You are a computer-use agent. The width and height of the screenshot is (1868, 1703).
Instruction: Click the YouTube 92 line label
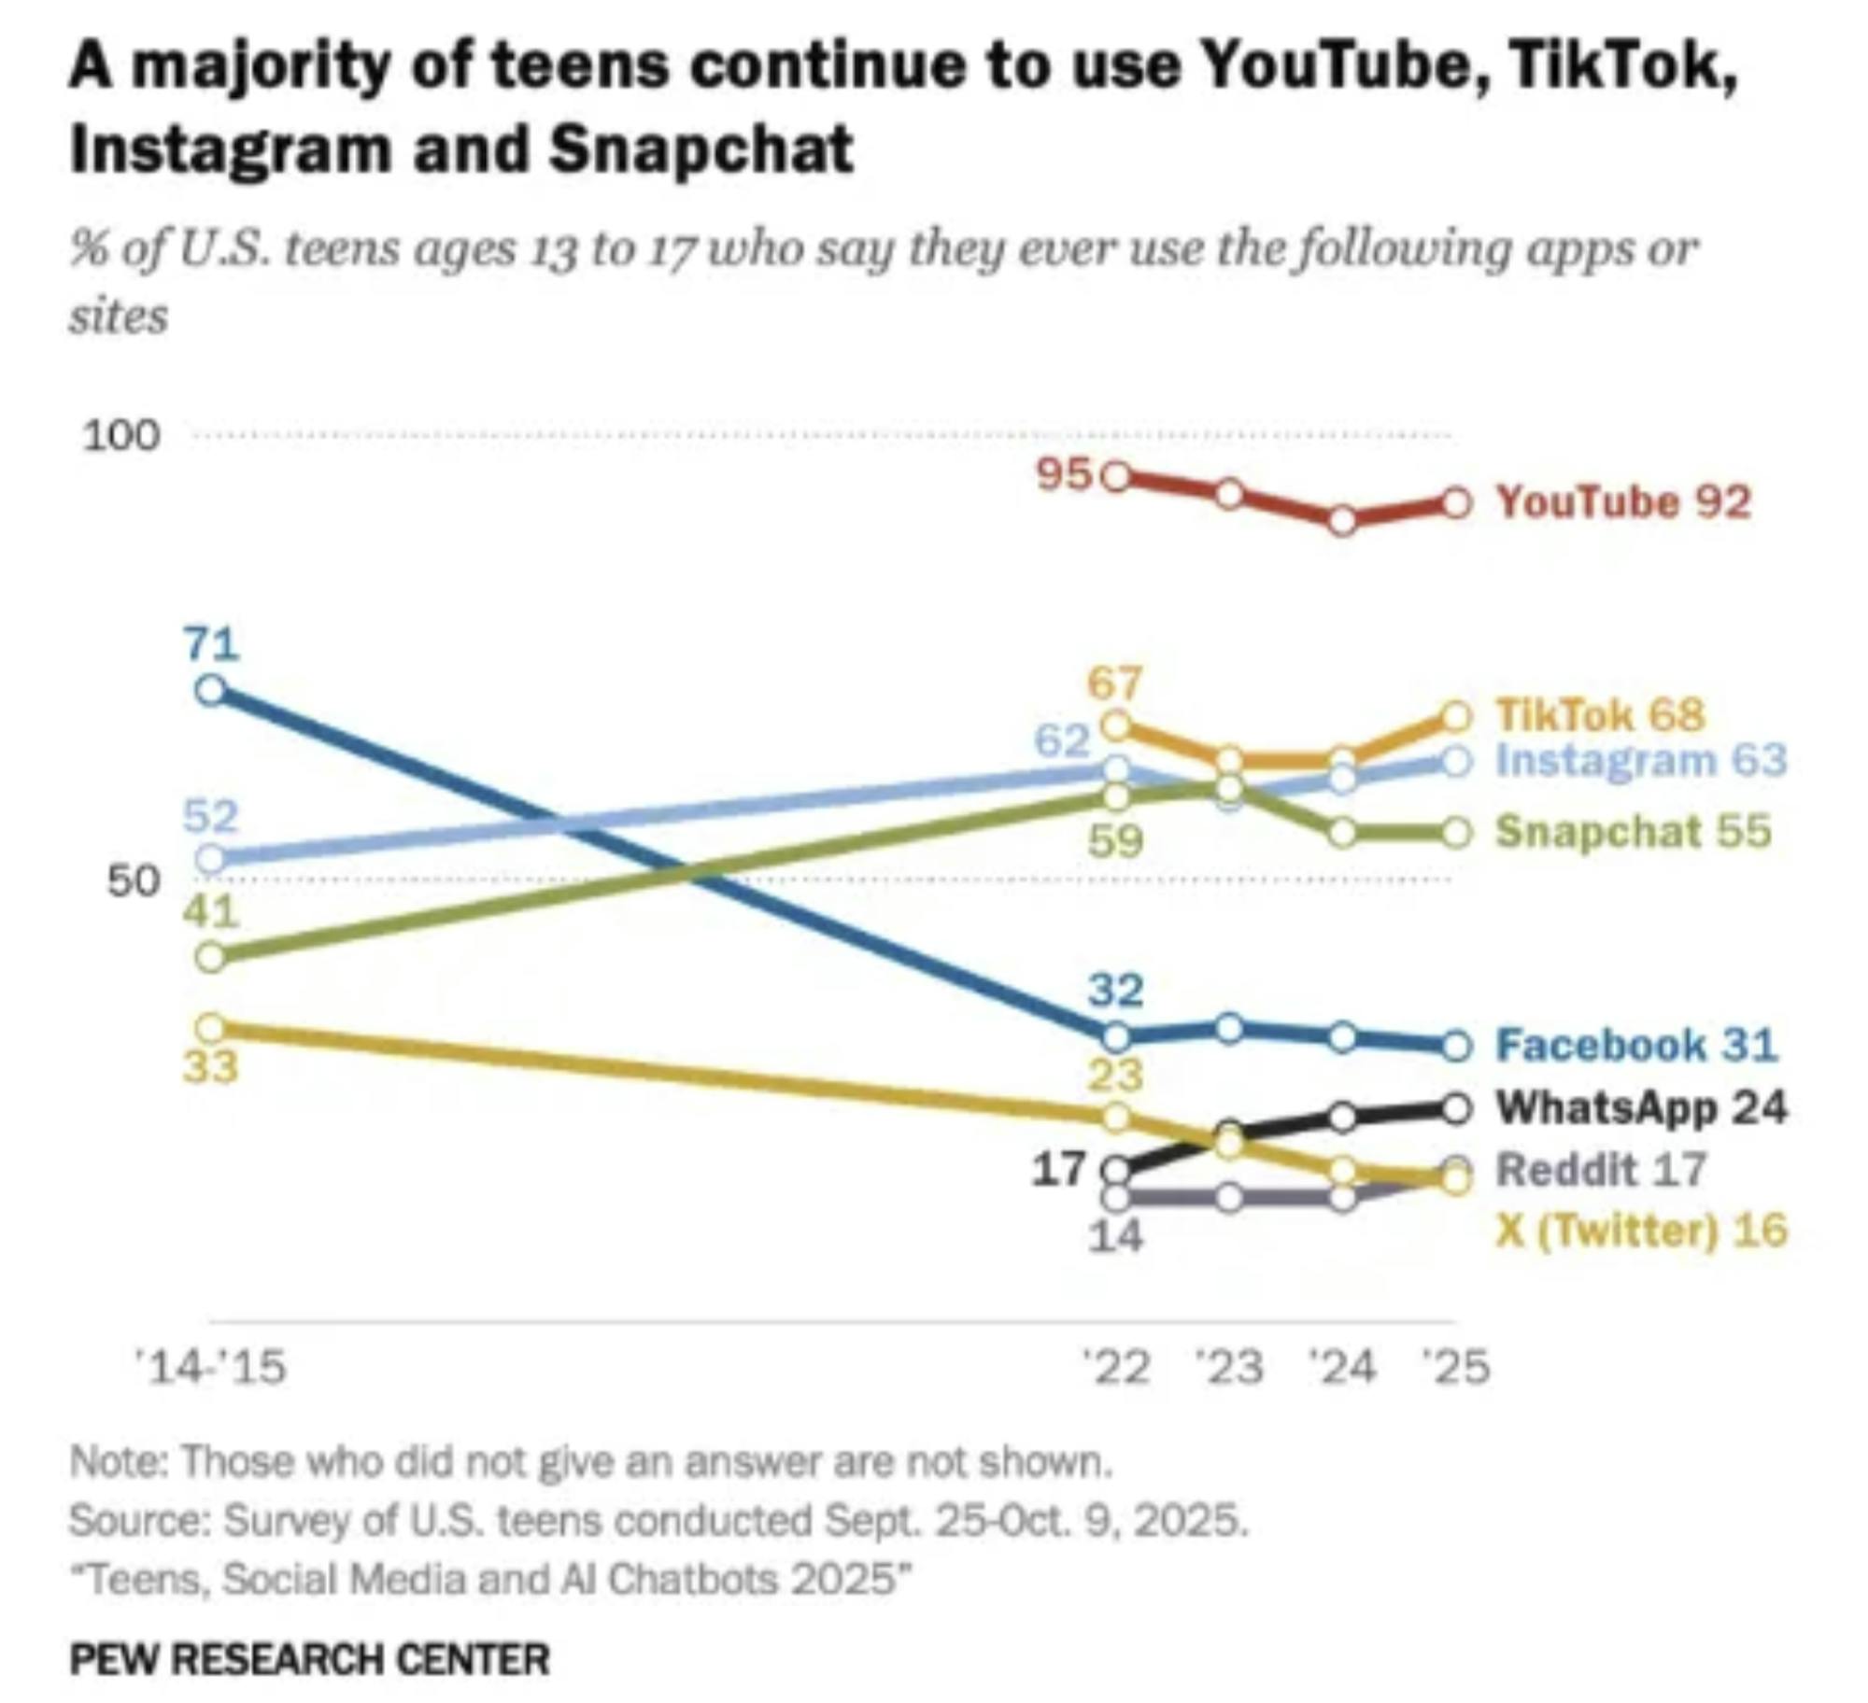coord(1623,502)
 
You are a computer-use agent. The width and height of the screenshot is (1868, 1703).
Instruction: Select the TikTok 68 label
coord(1601,715)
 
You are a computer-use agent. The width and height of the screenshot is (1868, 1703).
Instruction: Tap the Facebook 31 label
coord(1636,1044)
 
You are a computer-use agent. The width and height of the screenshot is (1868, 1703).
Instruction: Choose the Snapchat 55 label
coord(1634,831)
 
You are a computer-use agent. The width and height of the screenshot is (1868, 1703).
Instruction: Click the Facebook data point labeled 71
coord(213,690)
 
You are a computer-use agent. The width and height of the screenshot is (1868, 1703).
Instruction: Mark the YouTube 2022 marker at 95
coord(1116,477)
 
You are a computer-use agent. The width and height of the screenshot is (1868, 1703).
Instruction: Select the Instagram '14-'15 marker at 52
coord(213,858)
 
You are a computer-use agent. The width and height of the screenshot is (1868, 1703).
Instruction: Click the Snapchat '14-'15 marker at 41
coord(213,958)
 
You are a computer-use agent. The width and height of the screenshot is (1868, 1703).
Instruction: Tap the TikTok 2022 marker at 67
coord(1116,725)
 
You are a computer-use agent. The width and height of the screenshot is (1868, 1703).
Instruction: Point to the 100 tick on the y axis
coord(121,436)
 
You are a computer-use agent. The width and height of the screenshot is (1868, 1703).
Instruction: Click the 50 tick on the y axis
coord(134,880)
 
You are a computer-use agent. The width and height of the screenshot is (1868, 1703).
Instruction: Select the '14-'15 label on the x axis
coord(211,1368)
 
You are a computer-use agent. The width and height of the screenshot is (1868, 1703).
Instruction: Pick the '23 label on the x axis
coord(1230,1368)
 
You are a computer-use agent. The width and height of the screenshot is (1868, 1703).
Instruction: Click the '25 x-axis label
coord(1455,1368)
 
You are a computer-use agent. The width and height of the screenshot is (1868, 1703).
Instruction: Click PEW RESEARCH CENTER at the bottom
coord(310,1659)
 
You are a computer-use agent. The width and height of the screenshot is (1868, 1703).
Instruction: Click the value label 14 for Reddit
coord(1116,1236)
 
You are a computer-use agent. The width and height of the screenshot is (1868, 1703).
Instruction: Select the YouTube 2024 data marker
coord(1342,520)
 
